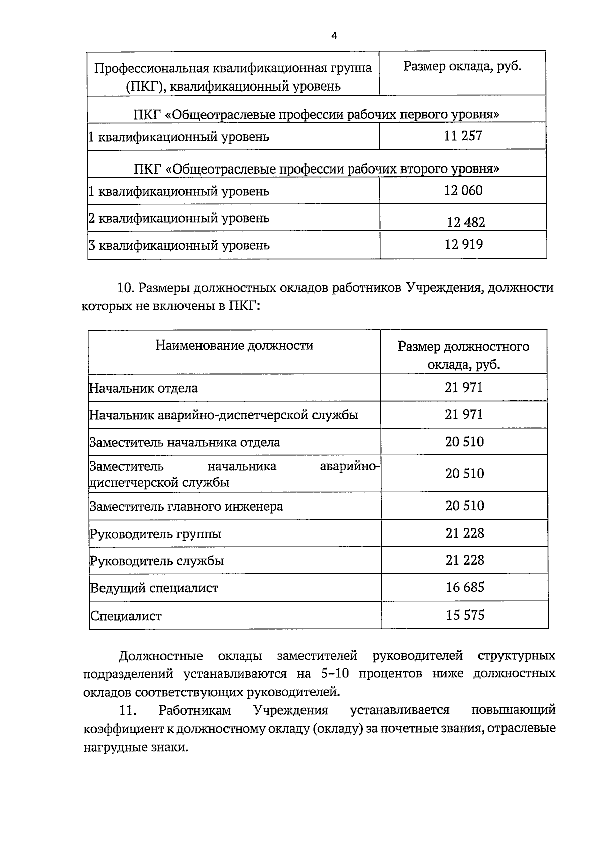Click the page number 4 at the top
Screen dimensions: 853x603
334,35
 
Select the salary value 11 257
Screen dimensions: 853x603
463,136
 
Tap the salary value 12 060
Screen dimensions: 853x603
463,190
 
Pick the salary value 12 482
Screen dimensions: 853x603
466,222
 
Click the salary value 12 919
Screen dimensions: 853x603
463,245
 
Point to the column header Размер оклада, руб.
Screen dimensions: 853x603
462,67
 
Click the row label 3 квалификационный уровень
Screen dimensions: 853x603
179,245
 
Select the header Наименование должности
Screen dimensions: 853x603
234,345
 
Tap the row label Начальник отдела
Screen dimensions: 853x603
144,388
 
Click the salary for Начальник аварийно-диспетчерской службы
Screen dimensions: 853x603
463,414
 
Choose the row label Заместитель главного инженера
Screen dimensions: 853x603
186,506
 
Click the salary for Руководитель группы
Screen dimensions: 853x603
464,533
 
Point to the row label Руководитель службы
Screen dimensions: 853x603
157,561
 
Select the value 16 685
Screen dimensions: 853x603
465,587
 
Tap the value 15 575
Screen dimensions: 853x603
465,615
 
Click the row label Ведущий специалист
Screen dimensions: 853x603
154,588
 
